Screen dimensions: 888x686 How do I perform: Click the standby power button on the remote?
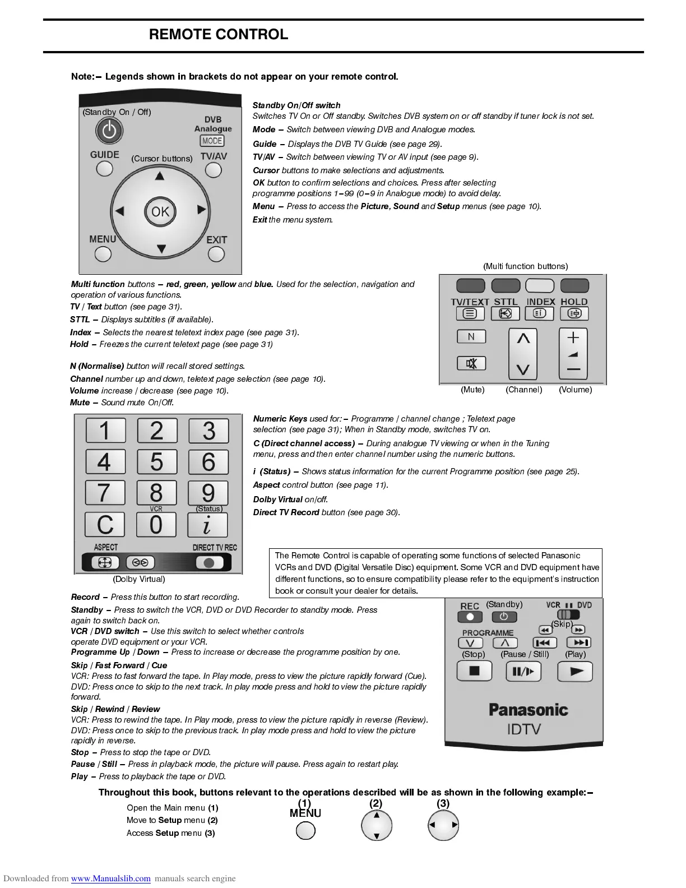(109, 131)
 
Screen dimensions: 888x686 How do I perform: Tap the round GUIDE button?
(104, 168)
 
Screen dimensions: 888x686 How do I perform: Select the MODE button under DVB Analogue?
(212, 141)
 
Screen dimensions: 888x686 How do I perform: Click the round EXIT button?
(216, 254)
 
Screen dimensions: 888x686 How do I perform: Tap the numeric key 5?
(157, 462)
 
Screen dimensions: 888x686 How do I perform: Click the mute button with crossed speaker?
(471, 364)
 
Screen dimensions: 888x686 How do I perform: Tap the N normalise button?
(471, 336)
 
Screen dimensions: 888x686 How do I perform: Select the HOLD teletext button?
(574, 313)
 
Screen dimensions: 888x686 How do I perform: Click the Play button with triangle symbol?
(575, 671)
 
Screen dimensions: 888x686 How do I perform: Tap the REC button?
(470, 617)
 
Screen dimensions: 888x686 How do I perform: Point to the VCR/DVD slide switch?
(568, 614)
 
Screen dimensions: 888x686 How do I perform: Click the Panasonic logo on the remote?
(528, 710)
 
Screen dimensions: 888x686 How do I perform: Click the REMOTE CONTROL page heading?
(219, 35)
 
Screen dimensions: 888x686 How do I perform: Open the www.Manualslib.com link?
(110, 878)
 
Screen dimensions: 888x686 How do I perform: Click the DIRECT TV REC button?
(210, 562)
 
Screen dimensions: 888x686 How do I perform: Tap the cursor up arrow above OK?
(160, 176)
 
